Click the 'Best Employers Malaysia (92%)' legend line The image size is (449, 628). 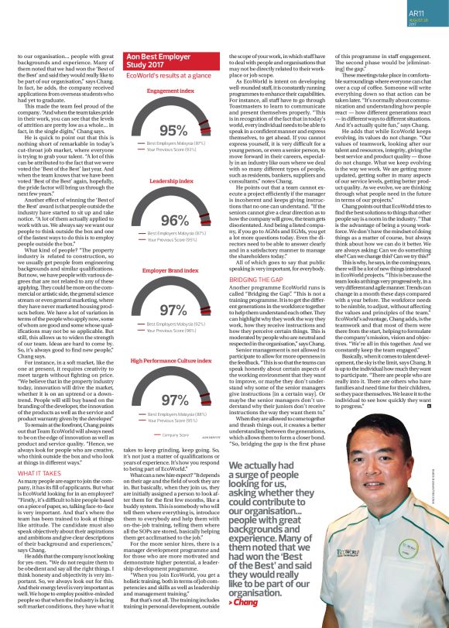pyautogui.click(x=176, y=323)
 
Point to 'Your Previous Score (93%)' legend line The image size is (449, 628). pyautogui.click(x=173, y=149)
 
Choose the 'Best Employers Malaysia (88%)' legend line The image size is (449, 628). pyautogui.click(x=176, y=414)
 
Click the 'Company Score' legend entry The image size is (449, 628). pyautogui.click(x=175, y=435)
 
